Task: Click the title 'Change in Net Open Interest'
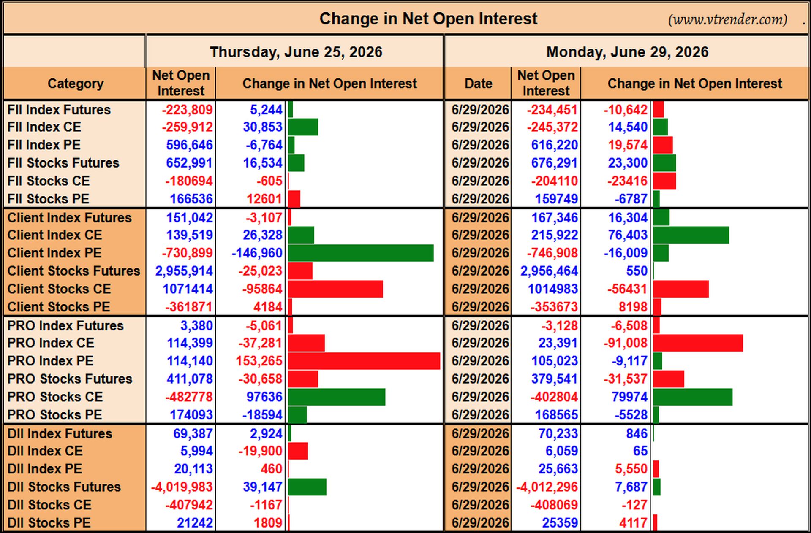[x=428, y=19]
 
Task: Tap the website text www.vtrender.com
[x=728, y=19]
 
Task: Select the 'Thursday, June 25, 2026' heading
[x=296, y=52]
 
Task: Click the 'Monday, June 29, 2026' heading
[x=627, y=52]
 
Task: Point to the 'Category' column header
[x=75, y=84]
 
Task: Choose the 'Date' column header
[x=478, y=83]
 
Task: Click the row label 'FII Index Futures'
[x=59, y=110]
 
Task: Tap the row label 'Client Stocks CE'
[x=59, y=289]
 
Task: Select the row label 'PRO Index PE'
[x=50, y=361]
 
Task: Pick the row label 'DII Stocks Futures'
[x=64, y=487]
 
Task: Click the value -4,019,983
[x=182, y=487]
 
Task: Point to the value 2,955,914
[x=184, y=271]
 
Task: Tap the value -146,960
[x=257, y=253]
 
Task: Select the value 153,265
[x=259, y=361]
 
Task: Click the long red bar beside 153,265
[x=364, y=361]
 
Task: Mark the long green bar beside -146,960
[x=361, y=253]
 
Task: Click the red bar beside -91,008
[x=698, y=343]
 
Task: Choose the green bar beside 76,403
[x=691, y=235]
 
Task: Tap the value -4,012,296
[x=547, y=487]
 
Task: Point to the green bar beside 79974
[x=693, y=397]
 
